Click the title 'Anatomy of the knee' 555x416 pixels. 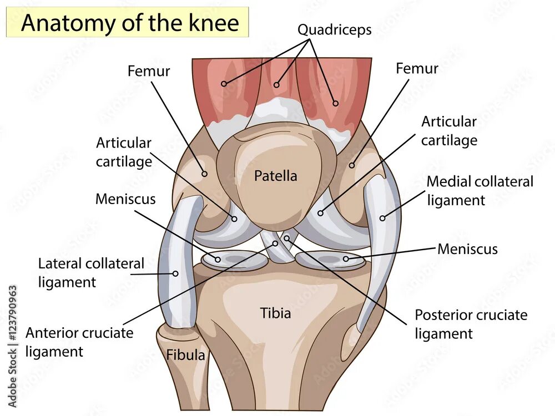pyautogui.click(x=130, y=23)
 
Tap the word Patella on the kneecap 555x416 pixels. pyautogui.click(x=276, y=176)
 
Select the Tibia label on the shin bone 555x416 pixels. pyautogui.click(x=276, y=313)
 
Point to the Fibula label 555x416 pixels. pyautogui.click(x=186, y=355)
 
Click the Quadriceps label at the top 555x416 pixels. pyautogui.click(x=334, y=29)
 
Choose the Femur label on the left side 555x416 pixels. pyautogui.click(x=149, y=72)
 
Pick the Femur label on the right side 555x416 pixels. pyautogui.click(x=417, y=69)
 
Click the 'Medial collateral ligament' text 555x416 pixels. pyautogui.click(x=480, y=190)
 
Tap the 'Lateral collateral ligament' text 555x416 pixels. pyautogui.click(x=90, y=272)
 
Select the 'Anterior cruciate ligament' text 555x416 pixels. pyautogui.click(x=79, y=342)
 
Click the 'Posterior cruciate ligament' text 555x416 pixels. pyautogui.click(x=471, y=324)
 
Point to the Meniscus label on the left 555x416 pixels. pyautogui.click(x=125, y=199)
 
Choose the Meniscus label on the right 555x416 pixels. pyautogui.click(x=467, y=249)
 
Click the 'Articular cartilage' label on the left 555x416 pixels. pyautogui.click(x=124, y=151)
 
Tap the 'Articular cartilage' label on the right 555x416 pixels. pyautogui.click(x=448, y=130)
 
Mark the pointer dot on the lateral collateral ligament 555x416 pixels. pyautogui.click(x=175, y=273)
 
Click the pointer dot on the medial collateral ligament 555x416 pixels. pyautogui.click(x=382, y=218)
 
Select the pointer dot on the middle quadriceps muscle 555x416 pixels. pyautogui.click(x=277, y=85)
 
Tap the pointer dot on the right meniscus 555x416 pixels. pyautogui.click(x=346, y=258)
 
